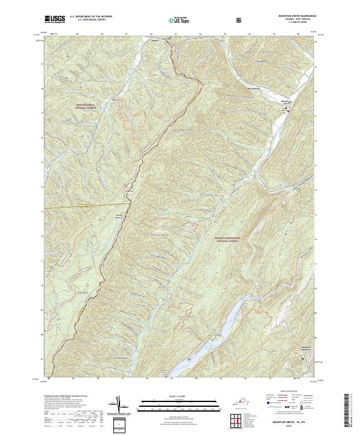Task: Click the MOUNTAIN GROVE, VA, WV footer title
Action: (294, 423)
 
